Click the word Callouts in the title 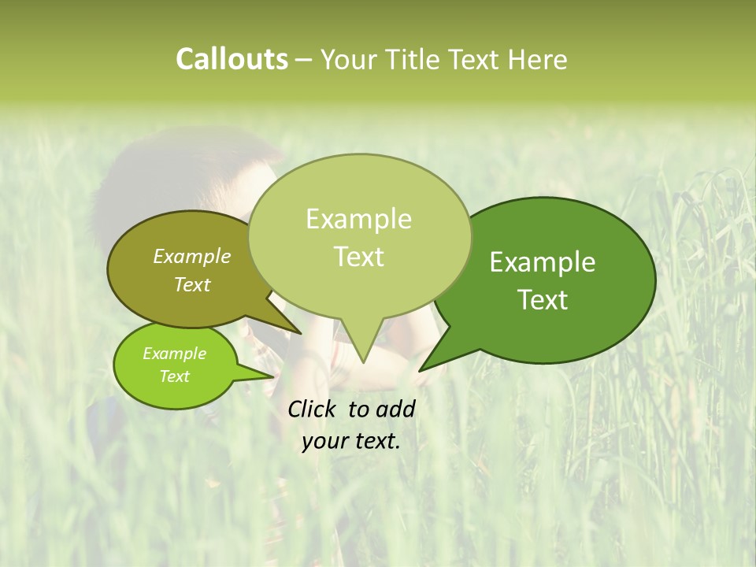(232, 59)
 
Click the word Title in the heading (418, 60)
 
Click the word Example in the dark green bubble (543, 262)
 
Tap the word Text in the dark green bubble (543, 300)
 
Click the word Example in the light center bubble (358, 219)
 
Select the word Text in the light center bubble (359, 257)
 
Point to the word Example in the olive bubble (192, 256)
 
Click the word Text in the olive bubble (192, 284)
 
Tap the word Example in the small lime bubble (174, 354)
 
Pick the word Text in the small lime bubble (174, 376)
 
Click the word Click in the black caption (313, 409)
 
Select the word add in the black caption (395, 409)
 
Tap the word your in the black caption (324, 441)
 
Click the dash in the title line (304, 60)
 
